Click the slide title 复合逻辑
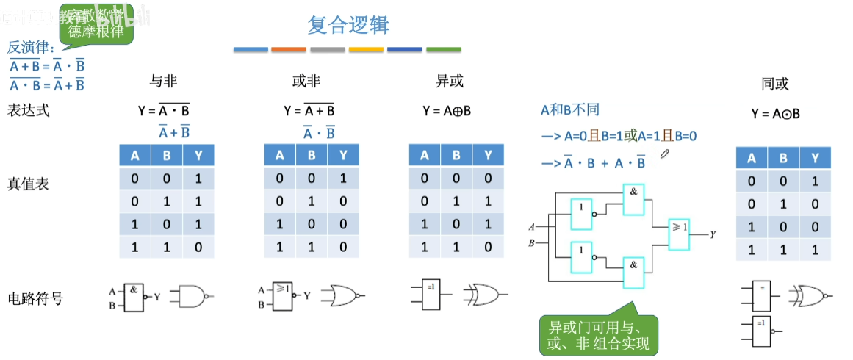pos(348,25)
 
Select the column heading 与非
pos(163,82)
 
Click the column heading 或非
pos(306,82)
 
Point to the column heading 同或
pos(775,84)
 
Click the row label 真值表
pos(29,184)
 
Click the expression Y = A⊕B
pos(447,111)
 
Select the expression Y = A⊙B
pos(775,114)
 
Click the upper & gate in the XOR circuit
pos(633,199)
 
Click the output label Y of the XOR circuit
pos(713,234)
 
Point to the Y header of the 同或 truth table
pos(815,158)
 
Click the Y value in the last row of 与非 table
pos(198,248)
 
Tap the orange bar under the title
pos(288,50)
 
